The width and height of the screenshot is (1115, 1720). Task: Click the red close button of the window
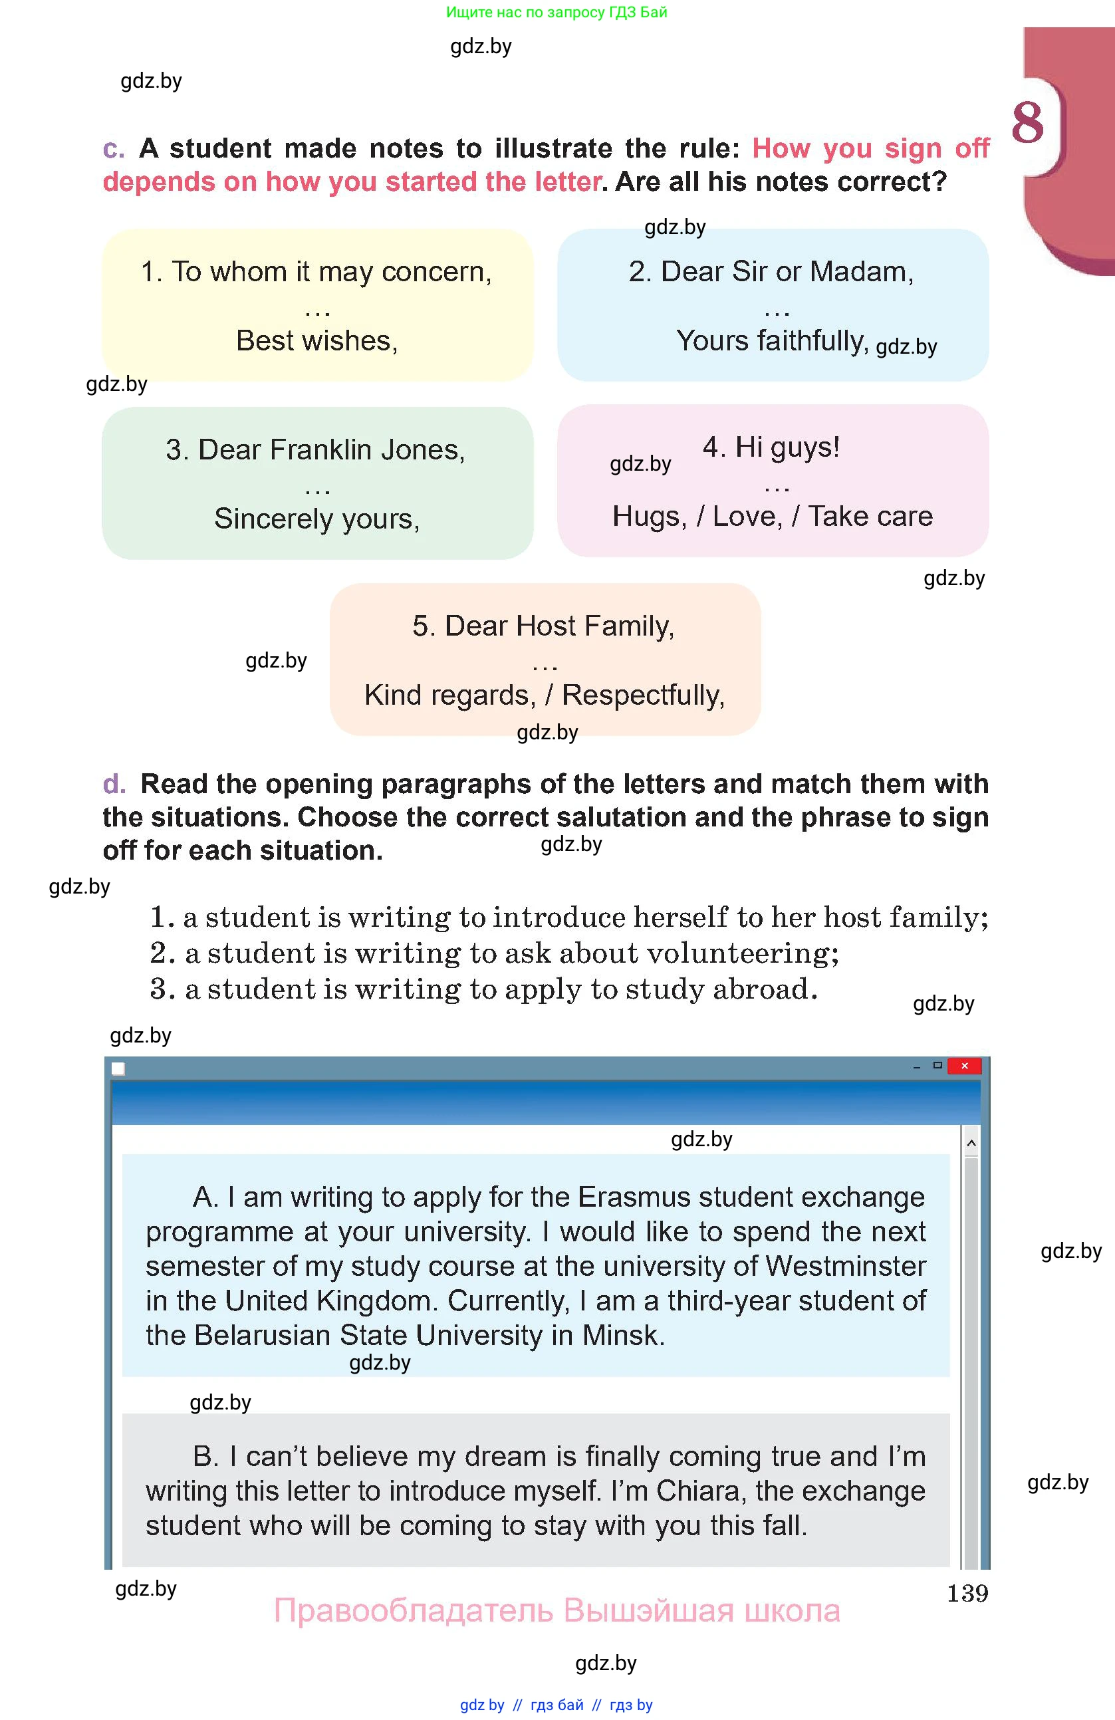tap(964, 1066)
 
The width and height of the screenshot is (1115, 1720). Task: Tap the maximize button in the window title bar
tap(937, 1065)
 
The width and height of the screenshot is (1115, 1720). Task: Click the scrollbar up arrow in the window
tap(971, 1144)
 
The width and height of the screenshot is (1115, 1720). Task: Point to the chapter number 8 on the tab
tap(1027, 123)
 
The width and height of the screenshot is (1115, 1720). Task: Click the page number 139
tap(967, 1593)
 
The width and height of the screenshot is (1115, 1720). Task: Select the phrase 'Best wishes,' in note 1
tap(316, 340)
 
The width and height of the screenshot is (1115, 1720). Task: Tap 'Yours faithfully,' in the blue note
tap(772, 340)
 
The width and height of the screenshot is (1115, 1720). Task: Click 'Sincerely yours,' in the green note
tap(316, 518)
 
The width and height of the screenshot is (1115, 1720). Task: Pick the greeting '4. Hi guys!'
tap(771, 447)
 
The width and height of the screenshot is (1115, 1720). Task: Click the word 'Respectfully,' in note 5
tap(643, 695)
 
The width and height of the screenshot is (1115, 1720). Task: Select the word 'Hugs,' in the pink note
tap(649, 517)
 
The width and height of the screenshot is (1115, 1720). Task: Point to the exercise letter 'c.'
tap(114, 148)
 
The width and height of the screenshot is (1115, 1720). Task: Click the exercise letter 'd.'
tap(114, 784)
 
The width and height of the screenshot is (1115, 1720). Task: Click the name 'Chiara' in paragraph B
tap(697, 1491)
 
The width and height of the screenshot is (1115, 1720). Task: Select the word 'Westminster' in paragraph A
tap(846, 1266)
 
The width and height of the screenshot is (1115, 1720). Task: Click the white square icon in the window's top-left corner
tap(118, 1069)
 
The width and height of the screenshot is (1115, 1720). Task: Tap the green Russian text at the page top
tap(557, 12)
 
